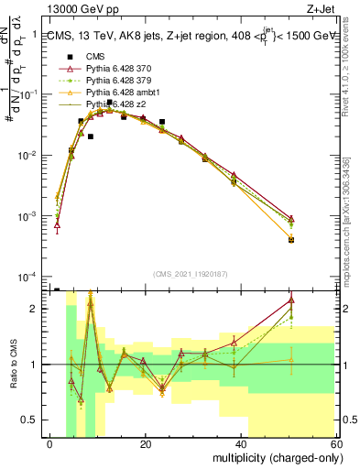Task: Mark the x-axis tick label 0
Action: (x=49, y=444)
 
